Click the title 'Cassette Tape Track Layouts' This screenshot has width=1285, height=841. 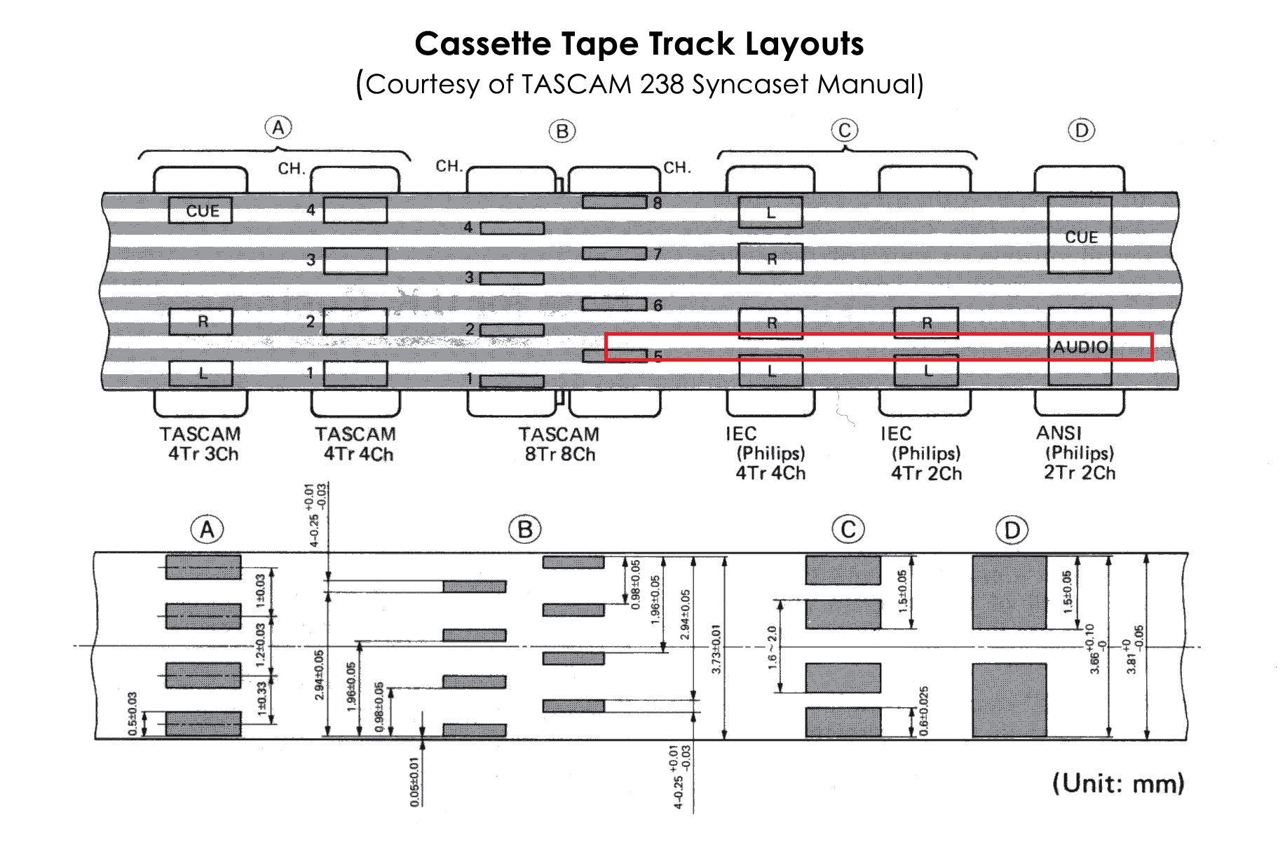point(639,44)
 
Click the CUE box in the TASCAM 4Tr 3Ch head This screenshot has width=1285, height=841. point(200,210)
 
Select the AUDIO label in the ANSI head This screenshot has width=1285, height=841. point(1080,347)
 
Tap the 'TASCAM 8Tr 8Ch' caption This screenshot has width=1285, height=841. point(559,444)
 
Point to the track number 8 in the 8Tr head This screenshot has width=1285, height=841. point(657,203)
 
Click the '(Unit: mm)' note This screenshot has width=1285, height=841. point(1117,783)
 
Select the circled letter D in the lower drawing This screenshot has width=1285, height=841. point(1012,530)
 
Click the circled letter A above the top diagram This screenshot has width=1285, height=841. point(278,128)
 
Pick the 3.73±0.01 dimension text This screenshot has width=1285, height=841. point(716,649)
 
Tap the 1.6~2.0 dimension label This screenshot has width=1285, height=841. point(773,648)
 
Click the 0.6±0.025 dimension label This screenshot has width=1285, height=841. point(924,711)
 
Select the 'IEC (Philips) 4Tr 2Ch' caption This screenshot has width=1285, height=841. point(925,453)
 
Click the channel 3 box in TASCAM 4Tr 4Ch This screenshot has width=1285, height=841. point(355,261)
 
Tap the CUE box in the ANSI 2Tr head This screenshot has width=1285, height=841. point(1080,236)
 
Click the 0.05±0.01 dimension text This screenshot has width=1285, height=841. point(415,781)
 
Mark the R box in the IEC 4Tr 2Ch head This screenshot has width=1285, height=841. point(926,323)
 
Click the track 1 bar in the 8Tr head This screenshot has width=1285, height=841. point(512,381)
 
